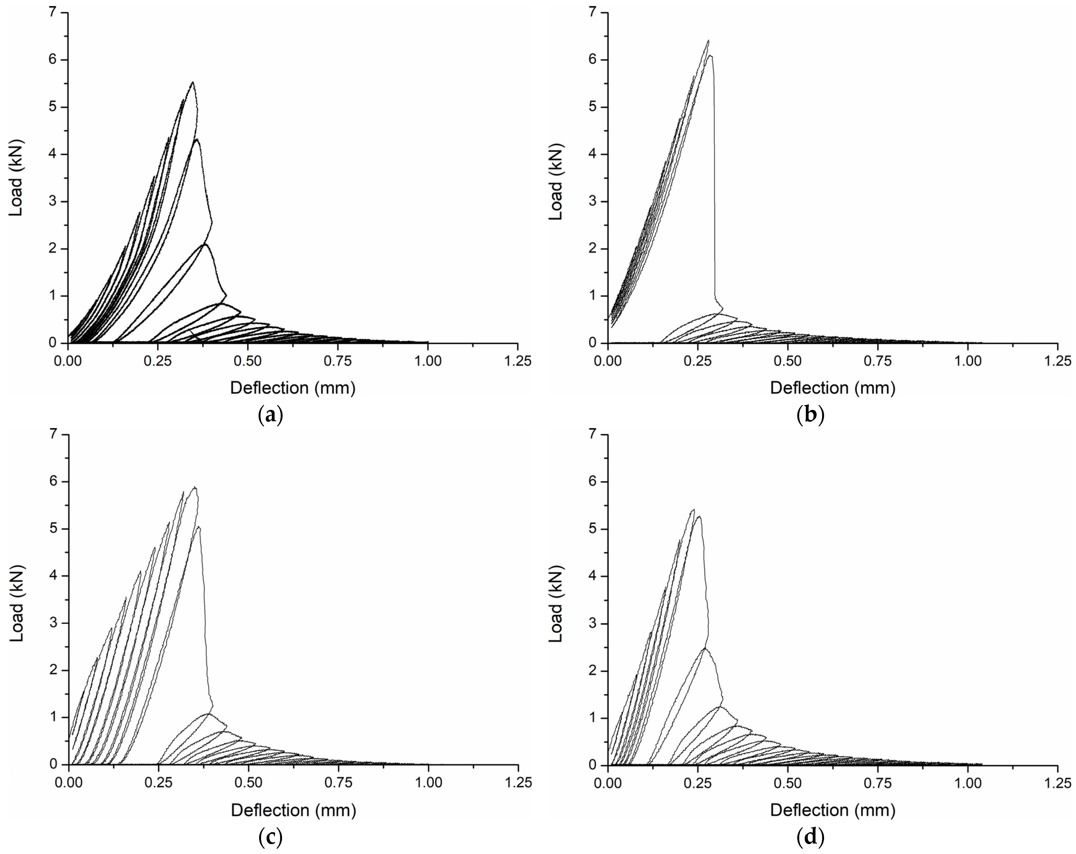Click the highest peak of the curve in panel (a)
(x=193, y=82)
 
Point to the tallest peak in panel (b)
(x=708, y=40)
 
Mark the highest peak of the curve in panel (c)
(x=195, y=487)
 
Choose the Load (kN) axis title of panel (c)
(x=17, y=604)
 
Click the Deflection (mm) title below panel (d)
(x=832, y=810)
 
